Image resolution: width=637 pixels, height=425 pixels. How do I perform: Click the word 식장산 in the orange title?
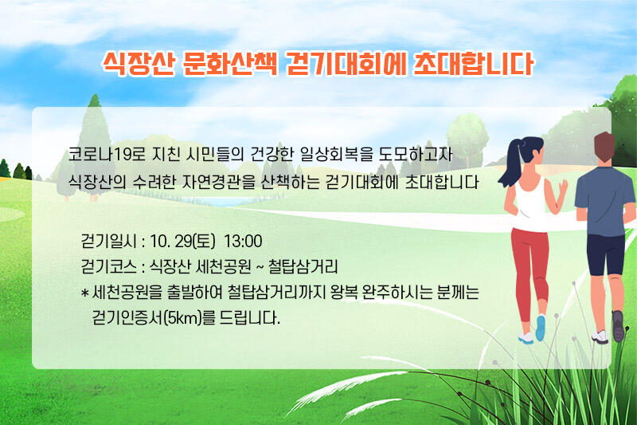139,64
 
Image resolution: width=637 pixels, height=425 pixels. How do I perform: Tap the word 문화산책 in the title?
230,64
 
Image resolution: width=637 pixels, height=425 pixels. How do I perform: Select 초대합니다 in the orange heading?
473,64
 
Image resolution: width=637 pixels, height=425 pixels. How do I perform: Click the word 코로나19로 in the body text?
107,155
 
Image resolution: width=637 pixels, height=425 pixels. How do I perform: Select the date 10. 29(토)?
182,241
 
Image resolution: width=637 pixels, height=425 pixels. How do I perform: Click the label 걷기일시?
108,241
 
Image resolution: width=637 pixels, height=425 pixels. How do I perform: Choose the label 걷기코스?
108,267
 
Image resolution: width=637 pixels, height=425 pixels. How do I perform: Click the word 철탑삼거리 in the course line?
303,267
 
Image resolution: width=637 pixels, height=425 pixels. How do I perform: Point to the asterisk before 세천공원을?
85,293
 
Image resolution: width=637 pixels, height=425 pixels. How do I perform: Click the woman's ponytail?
510,166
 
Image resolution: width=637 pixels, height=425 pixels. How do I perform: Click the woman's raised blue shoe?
541,328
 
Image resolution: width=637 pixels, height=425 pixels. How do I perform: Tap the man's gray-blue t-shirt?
605,200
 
